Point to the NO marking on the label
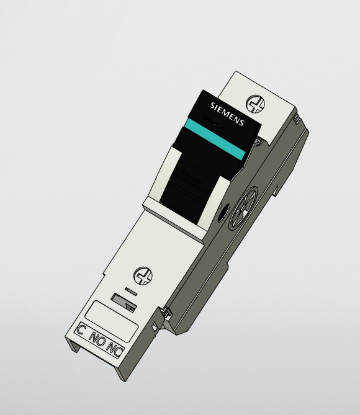click(97, 339)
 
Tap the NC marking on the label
click(115, 348)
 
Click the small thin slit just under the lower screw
click(131, 290)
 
